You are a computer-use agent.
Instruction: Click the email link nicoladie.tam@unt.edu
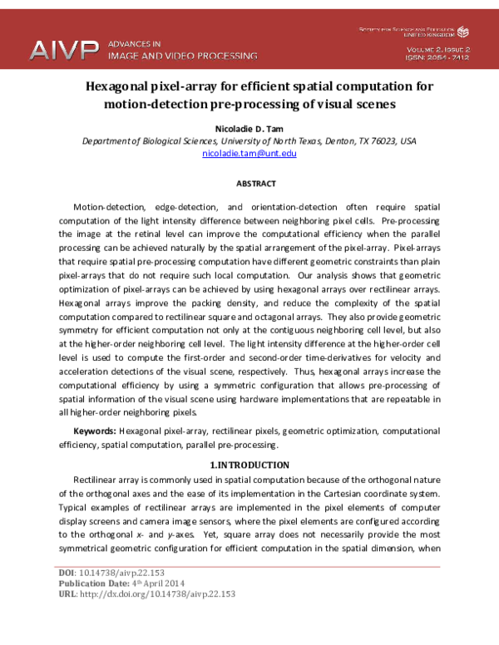[x=249, y=154]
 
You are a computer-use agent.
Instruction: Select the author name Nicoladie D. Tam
[x=249, y=129]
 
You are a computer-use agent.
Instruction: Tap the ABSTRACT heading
[x=249, y=183]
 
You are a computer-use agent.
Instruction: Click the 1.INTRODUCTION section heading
[x=249, y=465]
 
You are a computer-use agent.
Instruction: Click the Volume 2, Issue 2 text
[x=437, y=50]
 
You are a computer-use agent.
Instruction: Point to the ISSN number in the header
[x=437, y=59]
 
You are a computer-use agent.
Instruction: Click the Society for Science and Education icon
[x=463, y=32]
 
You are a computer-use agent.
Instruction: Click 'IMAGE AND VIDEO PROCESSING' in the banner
[x=183, y=56]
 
